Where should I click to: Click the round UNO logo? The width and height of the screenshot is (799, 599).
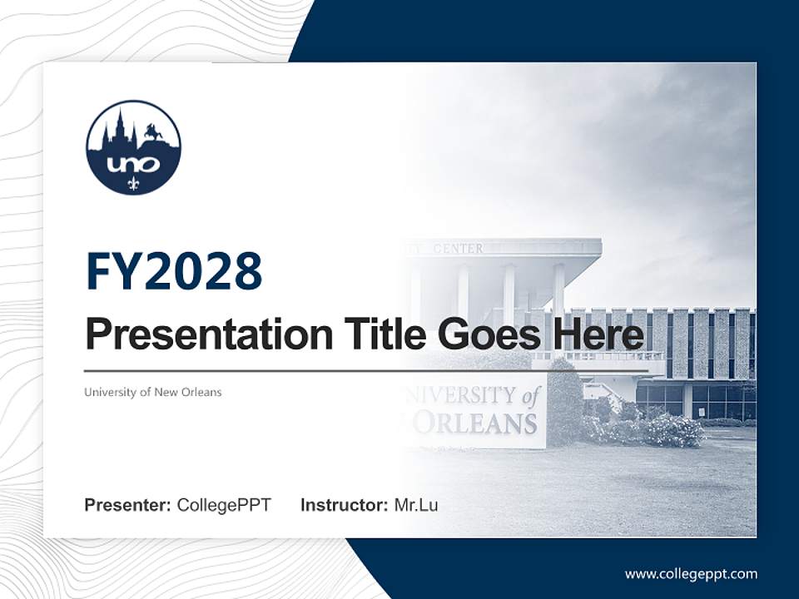133,148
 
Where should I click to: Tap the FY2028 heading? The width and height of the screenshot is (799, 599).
174,271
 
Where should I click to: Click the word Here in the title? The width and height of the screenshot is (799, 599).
597,334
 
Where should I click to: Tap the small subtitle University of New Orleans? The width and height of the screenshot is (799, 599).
153,392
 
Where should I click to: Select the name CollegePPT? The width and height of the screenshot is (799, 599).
224,505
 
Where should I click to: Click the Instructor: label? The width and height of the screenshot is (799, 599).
344,505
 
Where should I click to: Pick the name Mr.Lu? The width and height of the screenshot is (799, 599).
415,505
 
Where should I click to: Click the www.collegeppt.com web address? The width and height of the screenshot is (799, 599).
691,573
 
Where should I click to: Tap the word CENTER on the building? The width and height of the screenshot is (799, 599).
458,248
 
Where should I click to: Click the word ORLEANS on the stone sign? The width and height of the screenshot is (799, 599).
474,423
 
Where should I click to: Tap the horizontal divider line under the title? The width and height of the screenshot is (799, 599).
366,370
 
